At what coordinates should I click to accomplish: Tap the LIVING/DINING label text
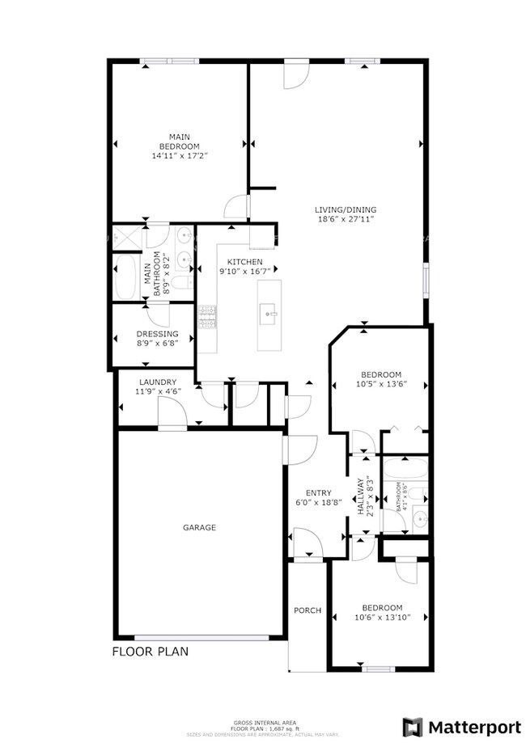pos(346,210)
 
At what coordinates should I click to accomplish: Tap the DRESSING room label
pos(158,333)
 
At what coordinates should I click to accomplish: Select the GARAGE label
pos(198,527)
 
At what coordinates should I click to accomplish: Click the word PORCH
pos(308,610)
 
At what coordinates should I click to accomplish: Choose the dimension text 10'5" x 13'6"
pos(380,384)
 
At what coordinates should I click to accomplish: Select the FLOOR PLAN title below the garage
pos(151,651)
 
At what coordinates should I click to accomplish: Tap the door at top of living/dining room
pos(295,74)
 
